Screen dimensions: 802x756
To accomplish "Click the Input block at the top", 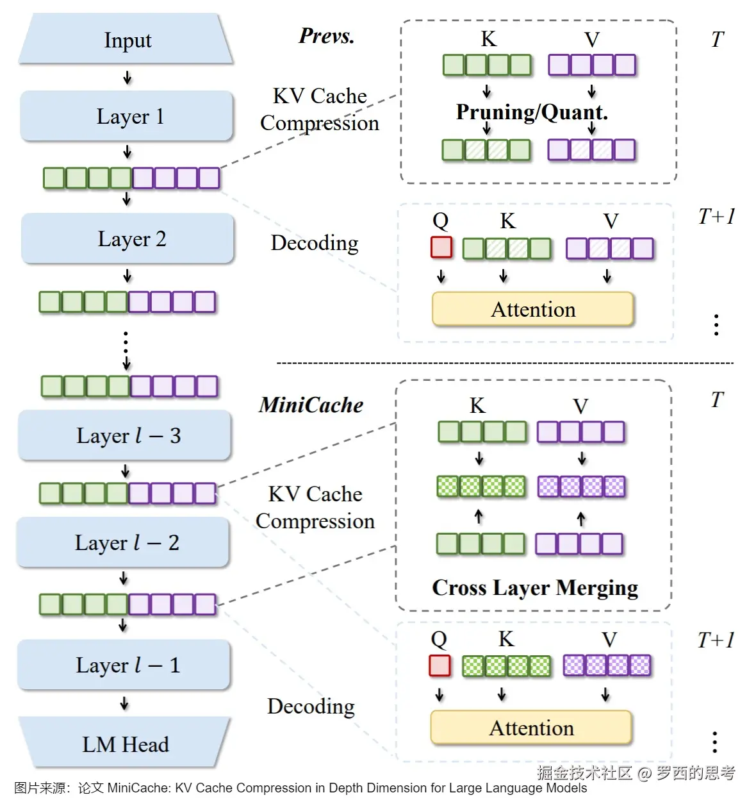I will tap(127, 40).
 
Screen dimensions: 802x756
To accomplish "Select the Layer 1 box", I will tap(127, 116).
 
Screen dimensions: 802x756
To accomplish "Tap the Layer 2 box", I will tap(128, 238).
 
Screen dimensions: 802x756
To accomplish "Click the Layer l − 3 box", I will tap(125, 435).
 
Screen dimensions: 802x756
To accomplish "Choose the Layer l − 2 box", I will tap(123, 542).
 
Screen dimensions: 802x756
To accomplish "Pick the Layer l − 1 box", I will tap(124, 665).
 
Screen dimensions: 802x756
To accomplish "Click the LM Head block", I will tap(125, 744).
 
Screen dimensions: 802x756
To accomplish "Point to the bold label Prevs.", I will tap(326, 36).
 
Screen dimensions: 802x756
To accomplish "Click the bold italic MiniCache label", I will tap(311, 405).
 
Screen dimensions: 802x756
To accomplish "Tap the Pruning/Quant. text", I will tap(532, 112).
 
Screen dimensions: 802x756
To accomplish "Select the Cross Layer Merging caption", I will tap(535, 587).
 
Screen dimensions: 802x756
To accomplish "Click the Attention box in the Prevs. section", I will tap(533, 310).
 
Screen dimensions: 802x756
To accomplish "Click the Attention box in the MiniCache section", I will tap(531, 728).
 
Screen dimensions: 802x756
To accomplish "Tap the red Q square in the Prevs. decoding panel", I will tap(441, 247).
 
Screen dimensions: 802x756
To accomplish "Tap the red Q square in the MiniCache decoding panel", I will tap(440, 665).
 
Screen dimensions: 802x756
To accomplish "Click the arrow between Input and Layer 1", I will tap(127, 78).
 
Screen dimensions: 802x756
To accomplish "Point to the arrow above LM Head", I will tap(124, 704).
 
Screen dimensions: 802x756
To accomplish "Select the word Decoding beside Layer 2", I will tap(315, 243).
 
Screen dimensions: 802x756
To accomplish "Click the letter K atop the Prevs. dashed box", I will tap(488, 39).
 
